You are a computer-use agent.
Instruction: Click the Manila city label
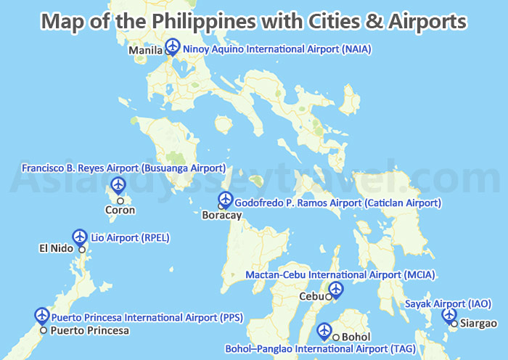[145, 51]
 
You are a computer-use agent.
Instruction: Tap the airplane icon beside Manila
[172, 46]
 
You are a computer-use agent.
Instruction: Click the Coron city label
[120, 210]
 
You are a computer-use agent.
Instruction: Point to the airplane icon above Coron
[117, 184]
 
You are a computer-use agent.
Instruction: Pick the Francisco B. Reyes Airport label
[123, 168]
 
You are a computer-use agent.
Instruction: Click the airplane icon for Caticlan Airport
[225, 198]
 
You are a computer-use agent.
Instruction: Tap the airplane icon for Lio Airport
[80, 236]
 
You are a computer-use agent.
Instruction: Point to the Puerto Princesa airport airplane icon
[42, 315]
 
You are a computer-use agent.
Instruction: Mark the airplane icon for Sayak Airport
[449, 315]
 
